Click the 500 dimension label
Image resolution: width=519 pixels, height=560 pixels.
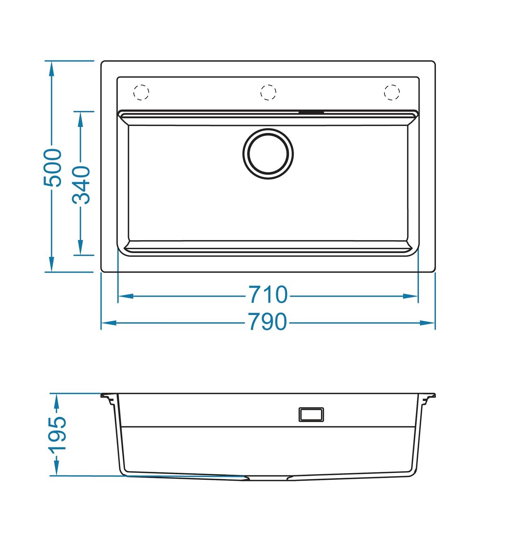53,168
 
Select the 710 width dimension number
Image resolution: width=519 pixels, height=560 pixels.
268,295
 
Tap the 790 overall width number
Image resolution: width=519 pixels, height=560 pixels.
268,322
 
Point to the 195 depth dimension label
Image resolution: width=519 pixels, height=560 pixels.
57,435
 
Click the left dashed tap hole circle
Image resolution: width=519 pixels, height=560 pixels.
142,92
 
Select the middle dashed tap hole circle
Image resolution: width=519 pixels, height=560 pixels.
268,92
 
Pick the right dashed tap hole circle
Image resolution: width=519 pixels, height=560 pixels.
392,92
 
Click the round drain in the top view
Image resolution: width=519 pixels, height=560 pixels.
268,154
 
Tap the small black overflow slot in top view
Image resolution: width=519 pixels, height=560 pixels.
311,112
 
